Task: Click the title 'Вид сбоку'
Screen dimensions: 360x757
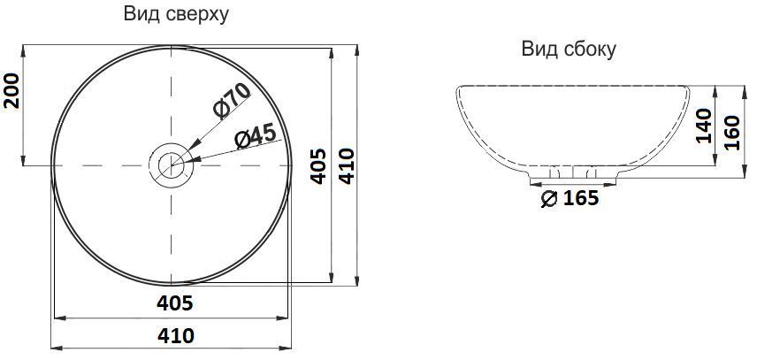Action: pos(568,49)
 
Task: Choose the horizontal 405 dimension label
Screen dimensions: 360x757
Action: pos(174,303)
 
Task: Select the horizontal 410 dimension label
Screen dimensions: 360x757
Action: pos(175,336)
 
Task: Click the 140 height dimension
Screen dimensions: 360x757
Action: pos(703,126)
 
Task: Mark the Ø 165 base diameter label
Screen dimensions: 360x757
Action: pos(568,199)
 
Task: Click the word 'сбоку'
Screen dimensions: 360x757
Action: pos(589,49)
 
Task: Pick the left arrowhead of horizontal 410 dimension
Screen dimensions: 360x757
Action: pos(55,348)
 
